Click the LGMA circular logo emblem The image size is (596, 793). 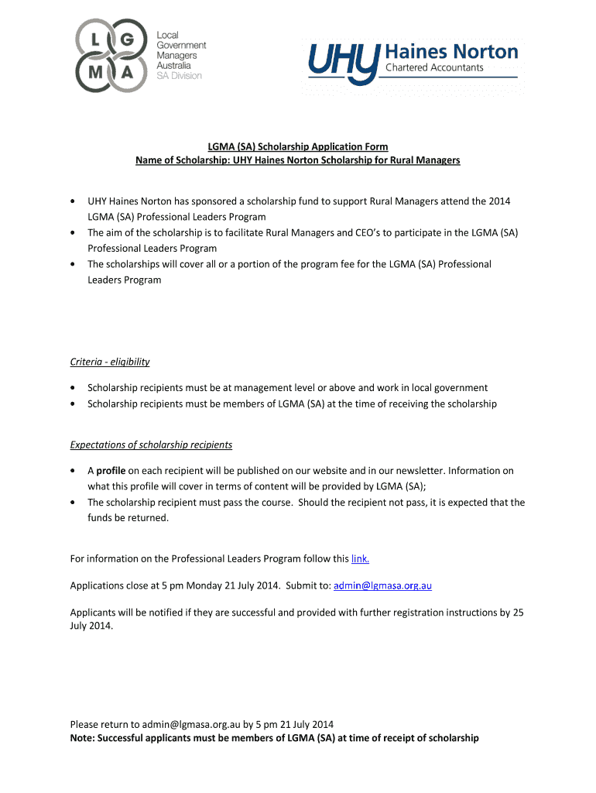click(111, 55)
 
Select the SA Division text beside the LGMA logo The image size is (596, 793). click(179, 75)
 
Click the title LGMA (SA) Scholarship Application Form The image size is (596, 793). click(297, 146)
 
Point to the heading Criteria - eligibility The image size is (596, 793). click(110, 362)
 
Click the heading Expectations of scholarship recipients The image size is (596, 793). click(151, 445)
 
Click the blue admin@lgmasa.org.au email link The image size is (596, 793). click(382, 585)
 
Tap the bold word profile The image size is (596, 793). click(111, 470)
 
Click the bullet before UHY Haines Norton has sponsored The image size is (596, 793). click(73, 201)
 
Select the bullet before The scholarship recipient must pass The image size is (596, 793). click(73, 503)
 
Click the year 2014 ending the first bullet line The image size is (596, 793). click(498, 201)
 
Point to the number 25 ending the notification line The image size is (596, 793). click(518, 613)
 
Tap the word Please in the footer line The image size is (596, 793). click(85, 725)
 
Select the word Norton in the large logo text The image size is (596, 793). click(484, 53)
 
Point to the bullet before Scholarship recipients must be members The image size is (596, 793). click(73, 403)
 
